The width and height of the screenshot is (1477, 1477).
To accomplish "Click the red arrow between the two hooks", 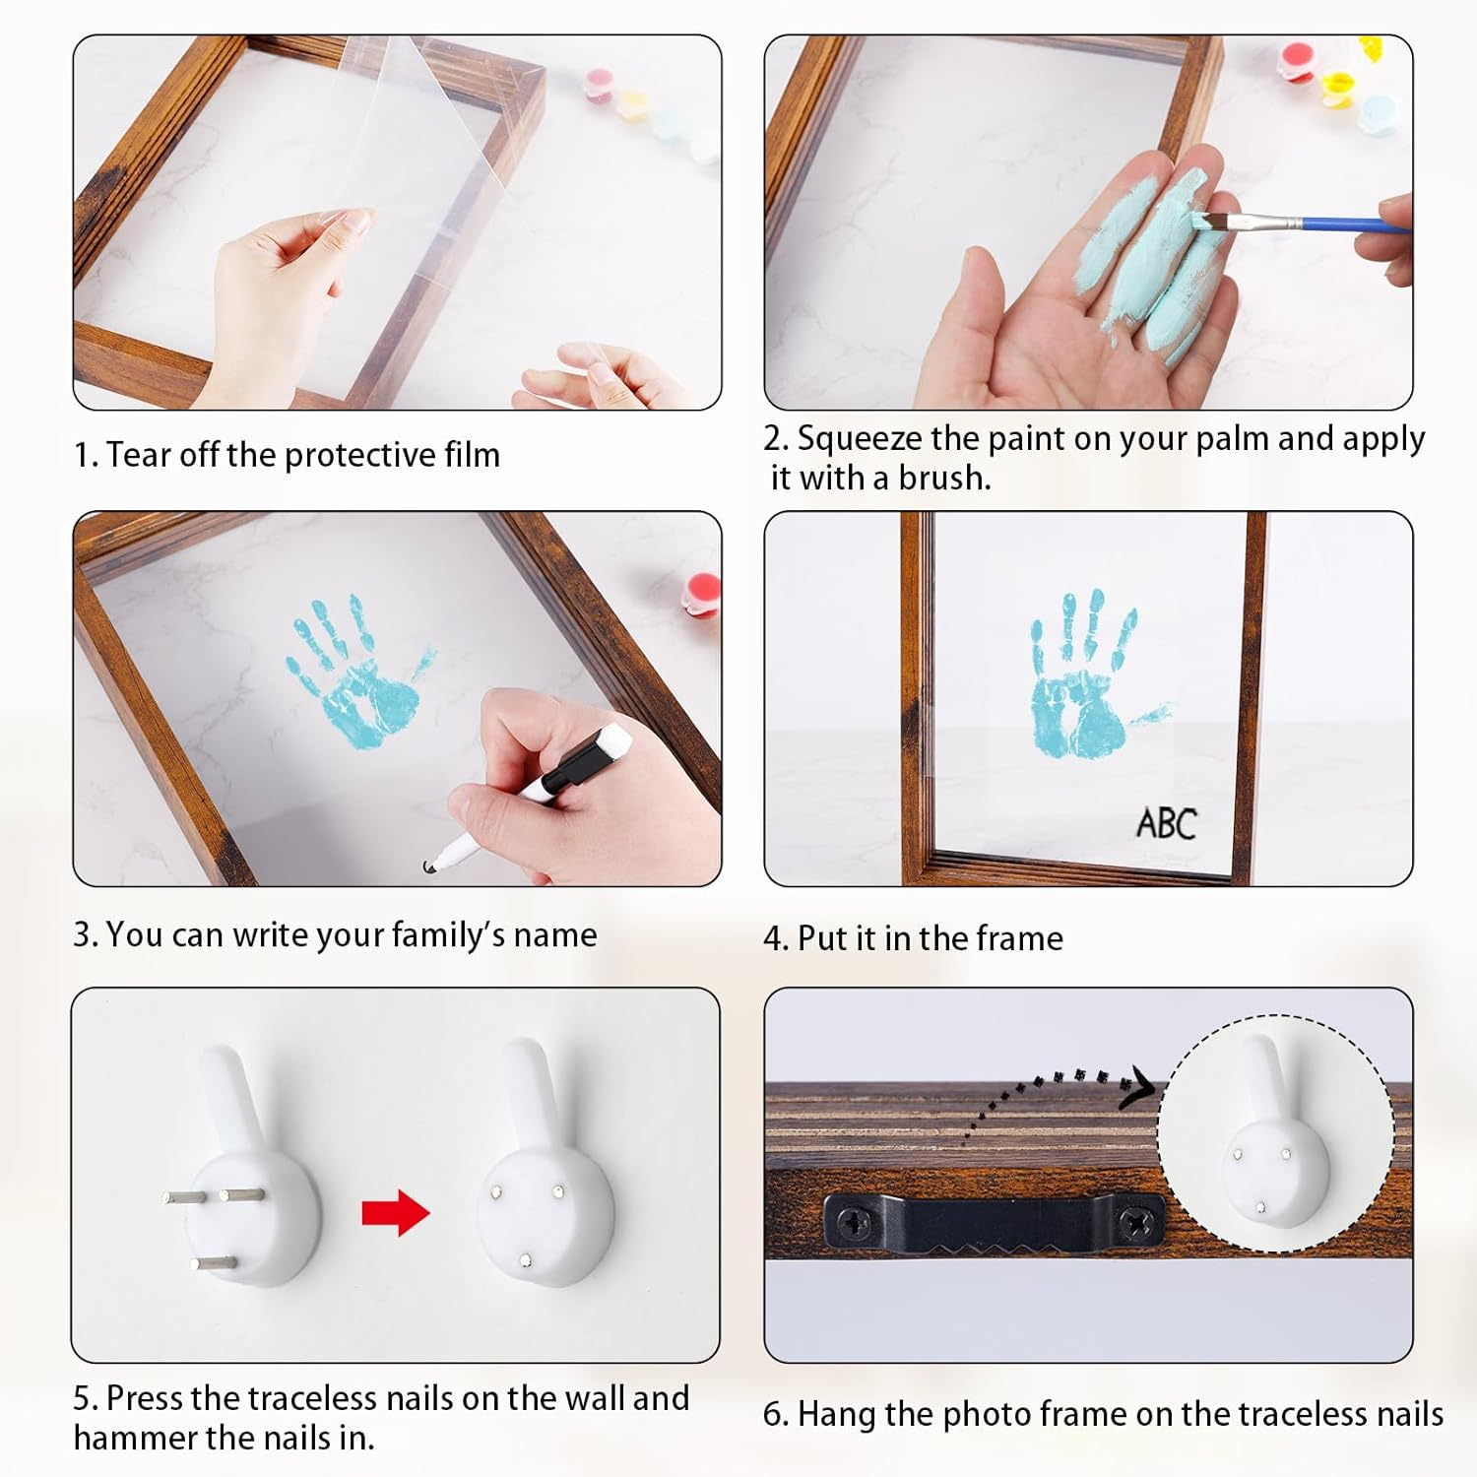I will pyautogui.click(x=396, y=1212).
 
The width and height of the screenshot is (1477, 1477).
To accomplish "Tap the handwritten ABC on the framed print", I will pyautogui.click(x=1167, y=823).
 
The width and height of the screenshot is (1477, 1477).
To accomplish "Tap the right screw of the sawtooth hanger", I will pyautogui.click(x=1139, y=1224).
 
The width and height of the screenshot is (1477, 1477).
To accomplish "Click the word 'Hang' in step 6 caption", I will pyautogui.click(x=836, y=1414).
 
